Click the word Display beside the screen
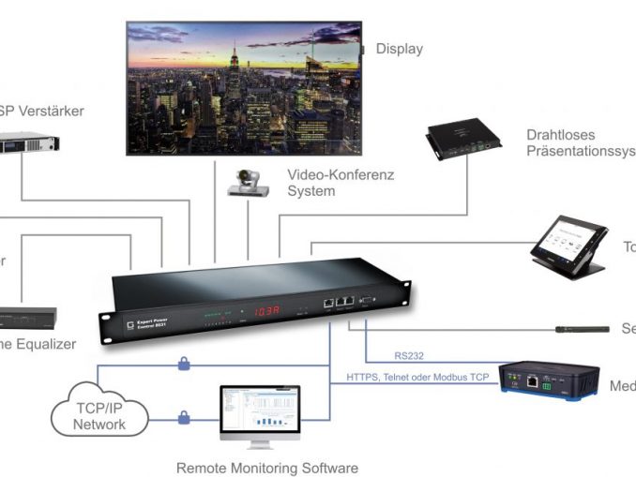pos(399,49)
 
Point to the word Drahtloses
pos(559,135)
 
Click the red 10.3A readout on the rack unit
pos(265,311)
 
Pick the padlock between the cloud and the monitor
pos(184,417)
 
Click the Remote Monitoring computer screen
pos(259,410)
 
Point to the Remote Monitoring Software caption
pos(267,467)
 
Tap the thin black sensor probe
pos(576,329)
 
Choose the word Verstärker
pos(48,111)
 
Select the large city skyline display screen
pos(243,90)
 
